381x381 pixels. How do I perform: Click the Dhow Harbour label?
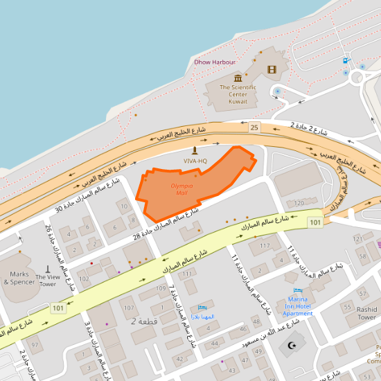coord(215,62)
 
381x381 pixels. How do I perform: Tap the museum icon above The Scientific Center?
coord(238,78)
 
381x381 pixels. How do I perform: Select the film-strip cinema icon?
coord(272,69)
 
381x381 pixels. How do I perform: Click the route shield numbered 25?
coord(254,127)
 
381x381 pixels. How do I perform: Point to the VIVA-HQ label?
coord(195,161)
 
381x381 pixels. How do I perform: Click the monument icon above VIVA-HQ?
coord(195,150)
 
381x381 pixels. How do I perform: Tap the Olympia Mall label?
coord(181,189)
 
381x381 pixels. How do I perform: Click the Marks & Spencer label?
coord(19,278)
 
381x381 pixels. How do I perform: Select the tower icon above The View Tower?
coord(48,268)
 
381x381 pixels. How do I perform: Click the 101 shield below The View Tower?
coord(57,307)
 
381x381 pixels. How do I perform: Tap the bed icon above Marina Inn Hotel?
coord(299,290)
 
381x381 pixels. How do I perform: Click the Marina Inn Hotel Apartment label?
coord(299,305)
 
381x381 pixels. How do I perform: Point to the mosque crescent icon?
coord(292,344)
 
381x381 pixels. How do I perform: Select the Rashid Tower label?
coord(367,313)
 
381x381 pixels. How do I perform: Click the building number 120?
coord(299,203)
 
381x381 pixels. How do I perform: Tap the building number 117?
coord(265,245)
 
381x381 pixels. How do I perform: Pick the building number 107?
coord(129,307)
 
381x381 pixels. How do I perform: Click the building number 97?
coord(35,344)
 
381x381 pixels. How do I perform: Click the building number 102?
coord(84,279)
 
